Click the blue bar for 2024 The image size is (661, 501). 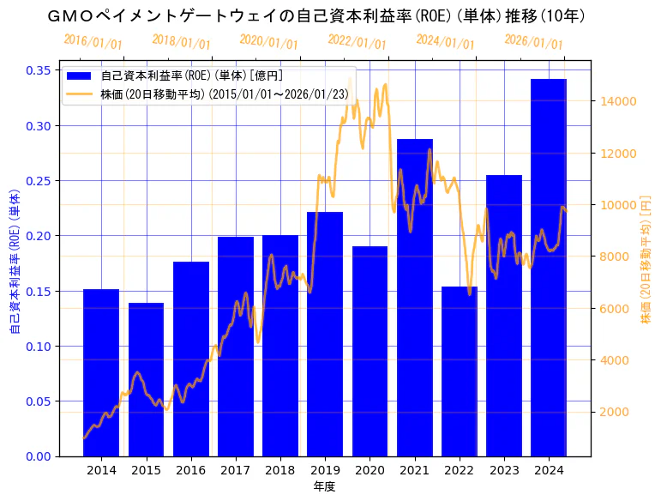tap(549, 267)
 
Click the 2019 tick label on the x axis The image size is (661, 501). tap(325, 470)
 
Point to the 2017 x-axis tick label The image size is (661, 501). tap(236, 470)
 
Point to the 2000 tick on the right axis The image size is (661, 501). tap(616, 412)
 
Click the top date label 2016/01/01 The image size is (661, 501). tap(93, 42)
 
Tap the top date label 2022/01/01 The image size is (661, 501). tap(357, 42)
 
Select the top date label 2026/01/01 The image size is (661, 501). tap(533, 42)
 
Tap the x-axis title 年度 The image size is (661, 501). tap(324, 486)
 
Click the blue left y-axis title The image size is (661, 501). tap(15, 263)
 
